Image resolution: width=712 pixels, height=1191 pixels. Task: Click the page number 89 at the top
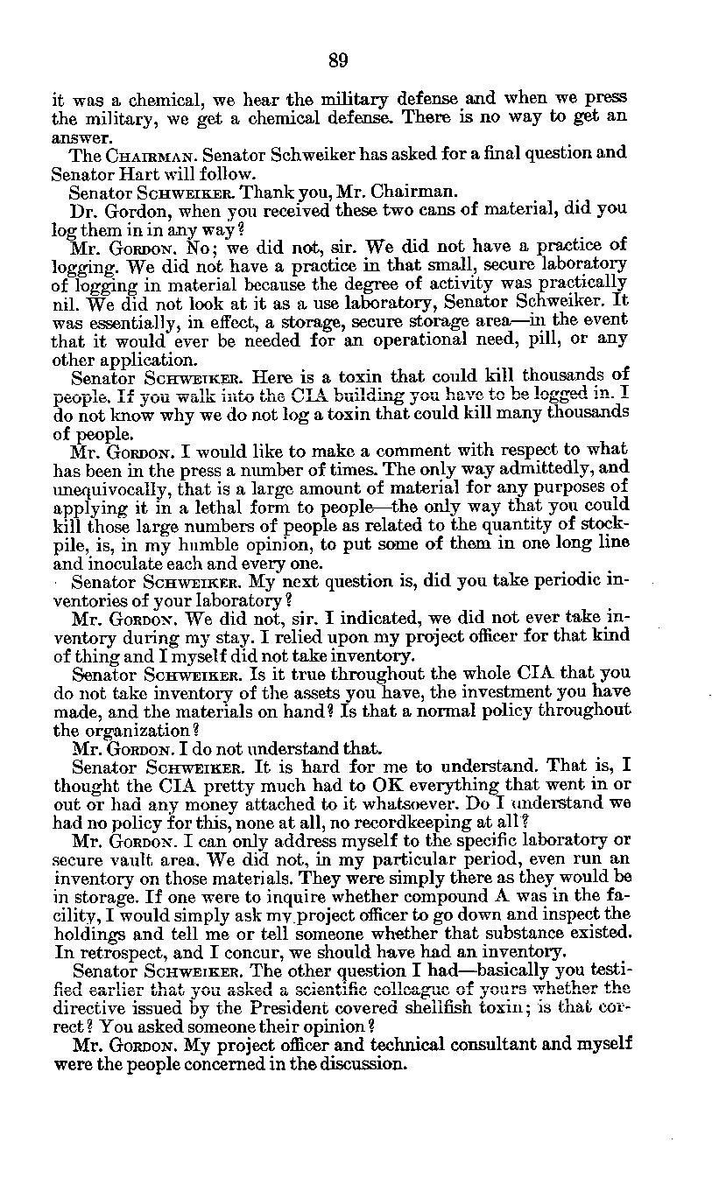339,60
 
